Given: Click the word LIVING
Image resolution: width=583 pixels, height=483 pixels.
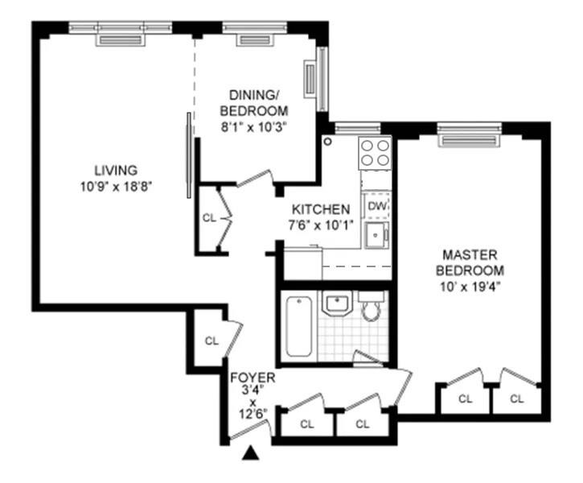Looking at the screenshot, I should [116, 171].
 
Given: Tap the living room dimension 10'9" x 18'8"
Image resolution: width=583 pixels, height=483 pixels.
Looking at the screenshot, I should [116, 185].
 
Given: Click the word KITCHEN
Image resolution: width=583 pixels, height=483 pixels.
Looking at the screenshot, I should [320, 208].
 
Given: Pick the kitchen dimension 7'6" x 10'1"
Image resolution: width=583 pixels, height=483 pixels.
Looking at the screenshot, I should [320, 223].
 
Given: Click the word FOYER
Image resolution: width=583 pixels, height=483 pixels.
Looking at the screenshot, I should [252, 378].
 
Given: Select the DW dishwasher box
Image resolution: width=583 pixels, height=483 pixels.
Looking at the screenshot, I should [376, 207].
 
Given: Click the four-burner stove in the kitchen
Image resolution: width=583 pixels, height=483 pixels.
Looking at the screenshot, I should [375, 152].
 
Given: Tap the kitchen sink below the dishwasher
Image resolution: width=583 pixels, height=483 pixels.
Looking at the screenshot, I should [376, 236].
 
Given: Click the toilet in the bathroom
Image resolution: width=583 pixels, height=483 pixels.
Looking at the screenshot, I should [371, 308].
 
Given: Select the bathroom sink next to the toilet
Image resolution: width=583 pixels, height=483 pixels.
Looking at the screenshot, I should [336, 304].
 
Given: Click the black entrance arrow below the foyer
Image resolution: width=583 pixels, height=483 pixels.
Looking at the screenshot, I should [252, 454].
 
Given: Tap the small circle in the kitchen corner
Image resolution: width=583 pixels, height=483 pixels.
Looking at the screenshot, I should [328, 141].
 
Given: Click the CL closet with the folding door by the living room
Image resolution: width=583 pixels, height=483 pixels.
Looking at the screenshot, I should [209, 217].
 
